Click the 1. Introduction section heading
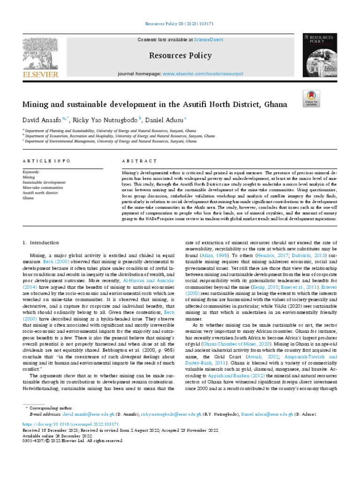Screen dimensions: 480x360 coord(41,242)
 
